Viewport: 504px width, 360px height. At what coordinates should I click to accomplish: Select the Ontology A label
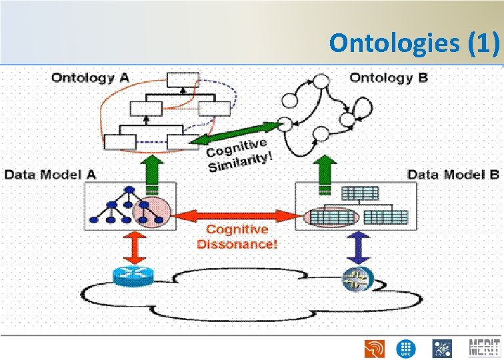(90, 77)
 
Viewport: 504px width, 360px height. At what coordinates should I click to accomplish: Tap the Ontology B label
(389, 77)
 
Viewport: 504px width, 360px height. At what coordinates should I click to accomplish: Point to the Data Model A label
(51, 175)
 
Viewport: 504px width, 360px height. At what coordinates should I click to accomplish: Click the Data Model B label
(453, 175)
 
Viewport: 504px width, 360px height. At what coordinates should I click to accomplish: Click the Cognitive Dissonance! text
(237, 237)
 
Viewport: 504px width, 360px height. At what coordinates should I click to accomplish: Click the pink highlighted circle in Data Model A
(152, 213)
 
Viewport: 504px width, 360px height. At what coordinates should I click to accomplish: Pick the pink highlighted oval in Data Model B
(332, 217)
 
